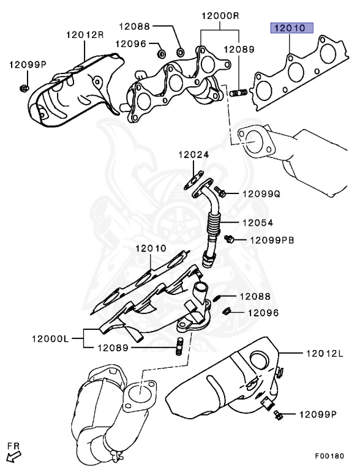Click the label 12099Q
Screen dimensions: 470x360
pyautogui.click(x=260, y=193)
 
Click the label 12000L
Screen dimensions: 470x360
pyautogui.click(x=51, y=337)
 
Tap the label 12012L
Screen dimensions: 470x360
pyautogui.click(x=321, y=353)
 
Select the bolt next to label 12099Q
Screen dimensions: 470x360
pyautogui.click(x=222, y=193)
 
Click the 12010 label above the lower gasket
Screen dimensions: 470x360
pyautogui.click(x=151, y=248)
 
